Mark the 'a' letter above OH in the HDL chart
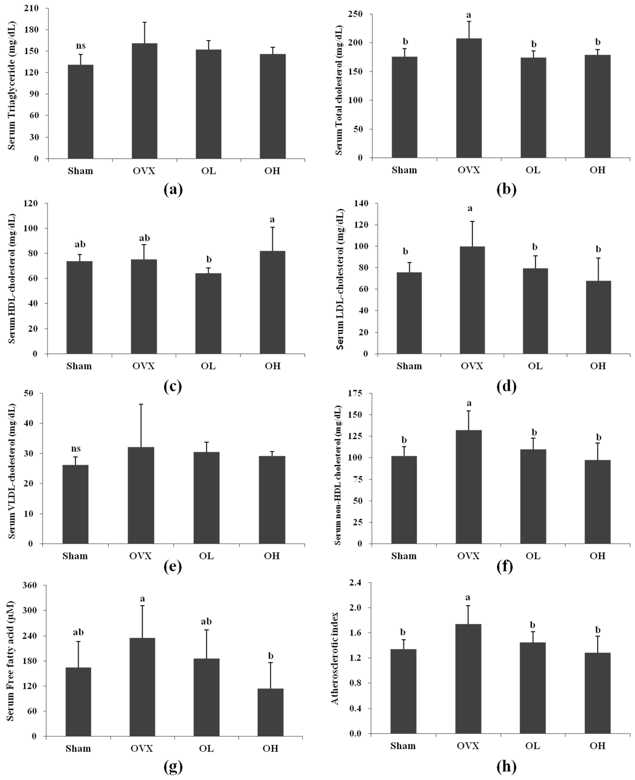point(272,220)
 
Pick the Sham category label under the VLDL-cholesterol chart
point(75,556)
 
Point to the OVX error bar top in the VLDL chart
point(141,404)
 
